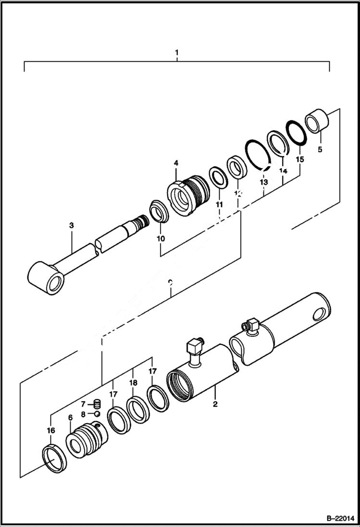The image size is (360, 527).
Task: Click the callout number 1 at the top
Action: [x=176, y=51]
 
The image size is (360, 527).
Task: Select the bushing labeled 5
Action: [x=317, y=120]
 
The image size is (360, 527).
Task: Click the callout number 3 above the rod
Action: [x=71, y=225]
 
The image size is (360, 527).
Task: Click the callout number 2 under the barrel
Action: [x=215, y=404]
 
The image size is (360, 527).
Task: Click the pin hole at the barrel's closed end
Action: [x=318, y=315]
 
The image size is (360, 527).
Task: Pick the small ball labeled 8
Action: [x=97, y=414]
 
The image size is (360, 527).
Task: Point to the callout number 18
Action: [x=133, y=383]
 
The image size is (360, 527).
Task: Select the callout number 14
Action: [x=283, y=171]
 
